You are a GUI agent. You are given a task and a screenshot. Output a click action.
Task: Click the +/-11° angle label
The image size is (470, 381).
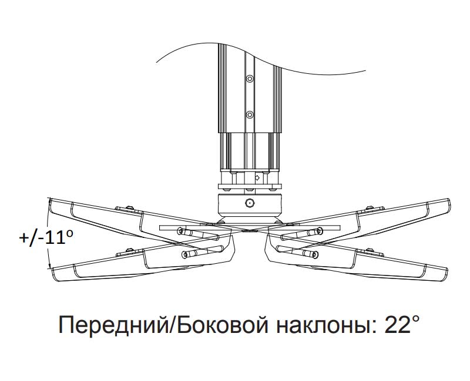(x=46, y=237)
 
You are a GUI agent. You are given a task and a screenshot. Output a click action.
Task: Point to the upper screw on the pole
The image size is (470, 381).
(x=250, y=79)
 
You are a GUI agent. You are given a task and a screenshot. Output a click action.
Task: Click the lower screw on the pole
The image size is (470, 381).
(x=250, y=114)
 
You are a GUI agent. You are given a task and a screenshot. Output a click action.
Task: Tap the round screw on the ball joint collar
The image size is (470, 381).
(x=250, y=203)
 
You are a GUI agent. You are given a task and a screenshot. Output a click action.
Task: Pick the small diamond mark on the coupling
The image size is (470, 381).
(x=257, y=177)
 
